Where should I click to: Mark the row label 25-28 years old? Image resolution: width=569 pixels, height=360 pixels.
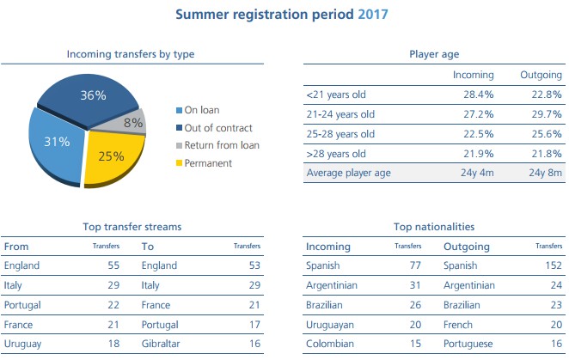pyautogui.click(x=340, y=133)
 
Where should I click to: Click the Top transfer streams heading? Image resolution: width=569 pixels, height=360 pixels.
pyautogui.click(x=132, y=227)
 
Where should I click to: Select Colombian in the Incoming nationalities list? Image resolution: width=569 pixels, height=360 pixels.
pyautogui.click(x=330, y=345)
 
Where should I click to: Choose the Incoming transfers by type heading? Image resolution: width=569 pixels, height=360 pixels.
pyautogui.click(x=131, y=54)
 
